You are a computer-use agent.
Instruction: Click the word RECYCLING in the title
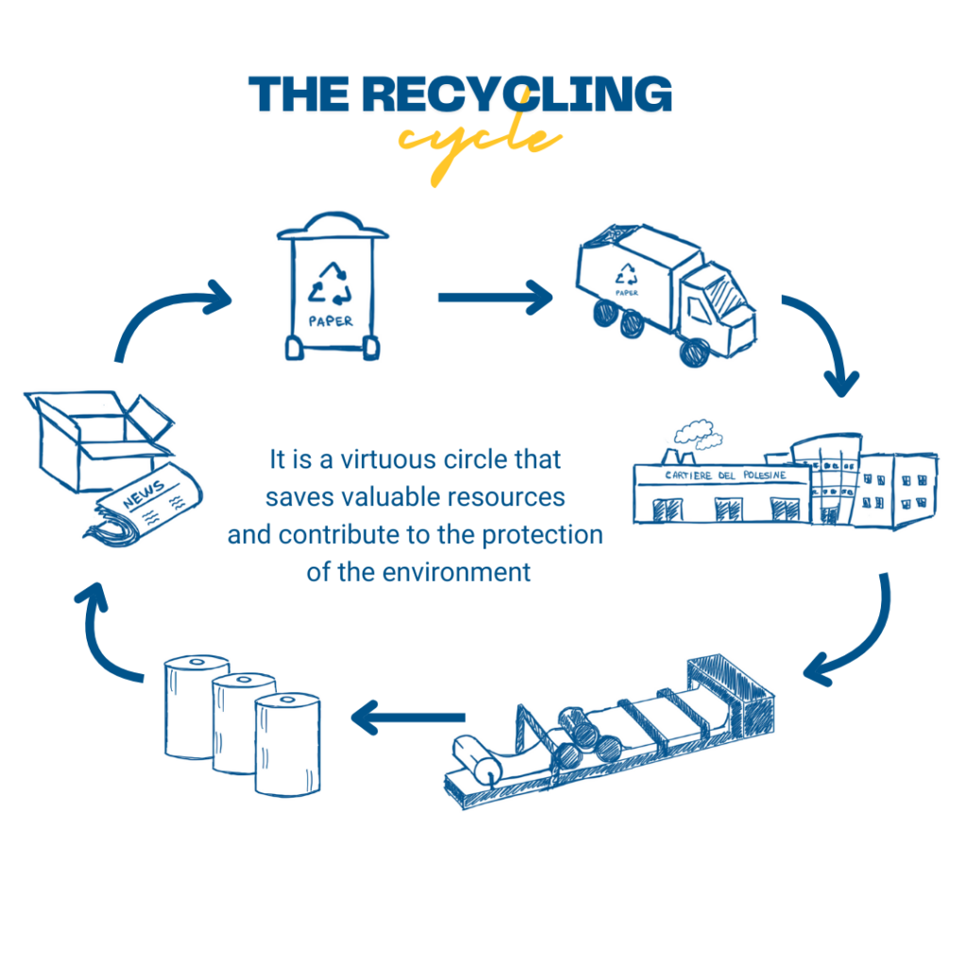pos(517,95)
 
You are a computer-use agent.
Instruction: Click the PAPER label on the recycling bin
pos(331,321)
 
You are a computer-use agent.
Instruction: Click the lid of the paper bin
pos(331,227)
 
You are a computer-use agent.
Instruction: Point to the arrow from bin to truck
pos(495,297)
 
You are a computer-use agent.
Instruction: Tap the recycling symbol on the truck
pos(627,275)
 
